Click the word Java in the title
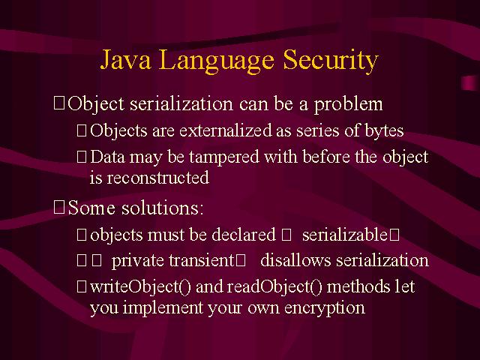[125, 59]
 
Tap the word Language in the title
[216, 61]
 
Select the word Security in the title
[331, 61]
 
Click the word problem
[348, 105]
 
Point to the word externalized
[226, 130]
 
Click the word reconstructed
[158, 178]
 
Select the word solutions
[162, 208]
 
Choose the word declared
[244, 235]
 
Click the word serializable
[345, 235]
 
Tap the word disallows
[295, 261]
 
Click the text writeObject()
[140, 286]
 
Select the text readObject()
[274, 286]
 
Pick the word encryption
[325, 308]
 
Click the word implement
[163, 308]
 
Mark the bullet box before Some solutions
[59, 207]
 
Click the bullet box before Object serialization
[59, 103]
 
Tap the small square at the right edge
[469, 83]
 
